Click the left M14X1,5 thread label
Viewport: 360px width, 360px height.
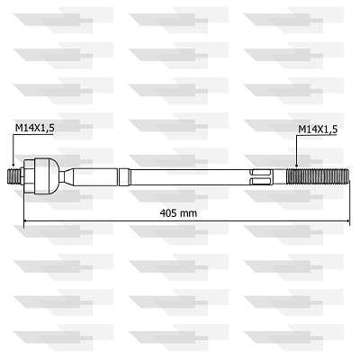34,130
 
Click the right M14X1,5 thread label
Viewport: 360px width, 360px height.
318,130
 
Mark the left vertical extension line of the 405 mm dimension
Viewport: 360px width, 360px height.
23,202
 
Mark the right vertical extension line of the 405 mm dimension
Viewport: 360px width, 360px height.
350,202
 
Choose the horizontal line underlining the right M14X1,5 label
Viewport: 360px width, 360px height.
318,137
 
